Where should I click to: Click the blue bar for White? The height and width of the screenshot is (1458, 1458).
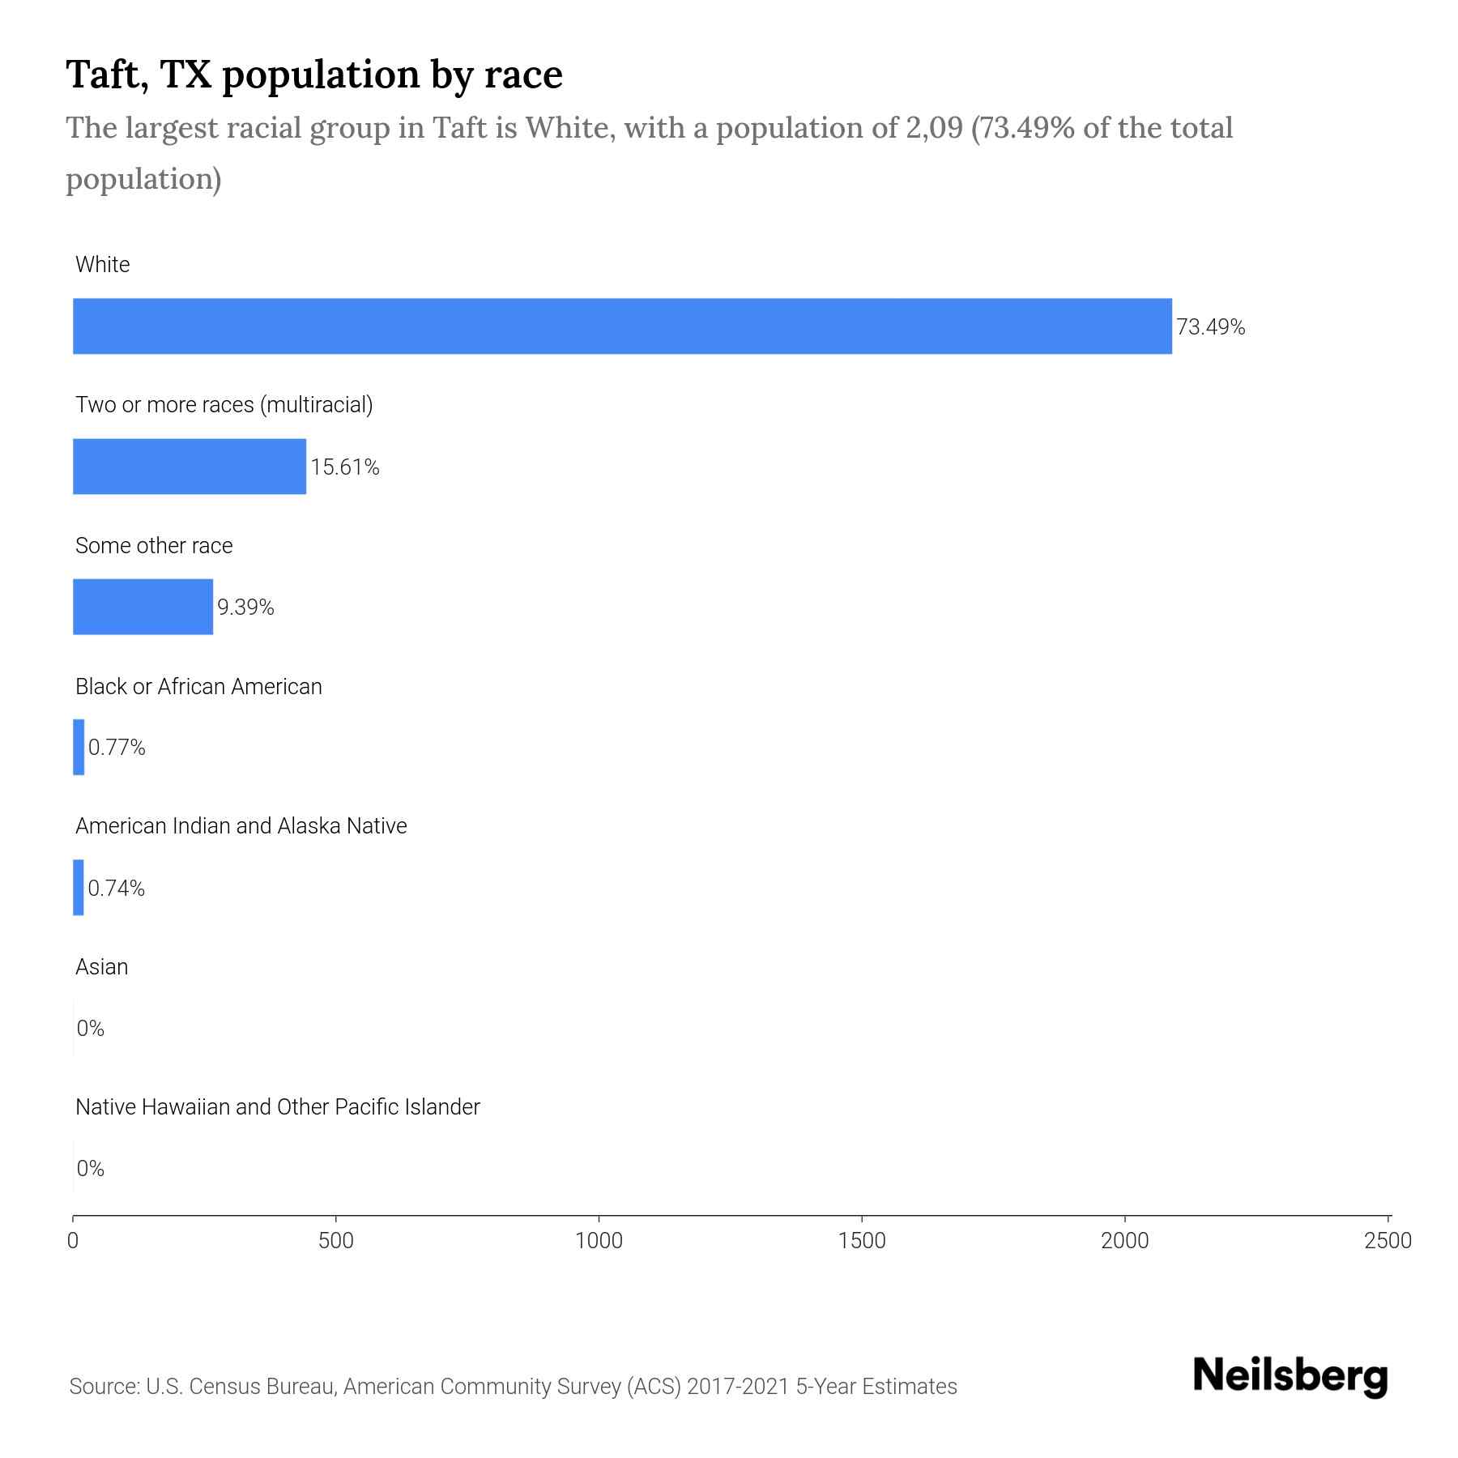coord(622,326)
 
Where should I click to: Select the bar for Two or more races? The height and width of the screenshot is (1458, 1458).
coord(190,467)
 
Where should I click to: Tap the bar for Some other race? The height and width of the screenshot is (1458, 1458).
coord(143,607)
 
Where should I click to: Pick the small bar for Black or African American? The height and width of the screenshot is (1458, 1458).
coord(79,747)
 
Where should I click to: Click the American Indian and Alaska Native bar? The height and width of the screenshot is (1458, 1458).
coord(79,888)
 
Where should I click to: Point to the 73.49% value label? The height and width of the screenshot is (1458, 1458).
coord(1210,327)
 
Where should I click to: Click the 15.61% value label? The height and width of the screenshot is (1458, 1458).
coord(345,467)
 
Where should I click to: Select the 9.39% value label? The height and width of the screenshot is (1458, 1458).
coord(245,607)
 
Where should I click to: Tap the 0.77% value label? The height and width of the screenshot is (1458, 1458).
coord(117,748)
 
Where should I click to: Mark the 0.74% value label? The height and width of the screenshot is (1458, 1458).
coord(116,889)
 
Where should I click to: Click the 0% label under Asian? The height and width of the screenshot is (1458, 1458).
coord(90,1029)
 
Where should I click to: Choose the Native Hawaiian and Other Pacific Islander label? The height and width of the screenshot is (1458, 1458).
coord(277,1106)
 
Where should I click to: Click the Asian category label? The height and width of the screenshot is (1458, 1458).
coord(101,966)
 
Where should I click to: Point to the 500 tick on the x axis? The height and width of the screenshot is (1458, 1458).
coord(335,1241)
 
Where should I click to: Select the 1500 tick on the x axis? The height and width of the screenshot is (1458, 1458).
coord(862,1241)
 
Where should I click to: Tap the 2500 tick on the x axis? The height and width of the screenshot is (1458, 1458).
coord(1388,1241)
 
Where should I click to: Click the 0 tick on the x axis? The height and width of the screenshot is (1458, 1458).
coord(73,1241)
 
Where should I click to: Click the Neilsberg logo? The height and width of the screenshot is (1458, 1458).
coord(1290,1376)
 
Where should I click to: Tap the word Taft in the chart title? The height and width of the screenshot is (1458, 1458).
coord(106,75)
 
